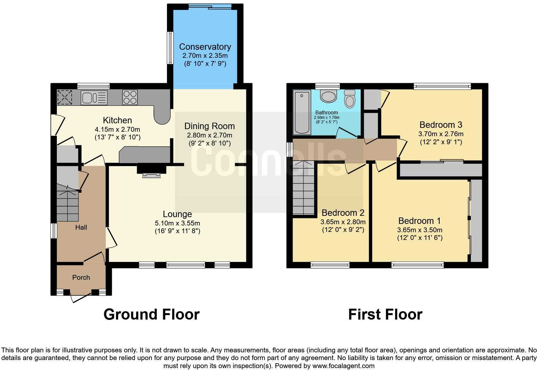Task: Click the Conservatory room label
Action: [205, 47]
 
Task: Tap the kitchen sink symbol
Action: [94, 98]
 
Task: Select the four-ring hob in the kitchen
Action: [130, 97]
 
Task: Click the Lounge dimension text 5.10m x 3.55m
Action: [177, 223]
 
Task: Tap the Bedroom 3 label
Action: [441, 125]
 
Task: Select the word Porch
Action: [81, 277]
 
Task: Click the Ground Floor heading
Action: [152, 314]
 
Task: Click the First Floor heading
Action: [385, 314]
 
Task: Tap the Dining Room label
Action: [209, 126]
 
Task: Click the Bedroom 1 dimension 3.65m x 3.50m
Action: [419, 230]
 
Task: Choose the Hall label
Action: [81, 227]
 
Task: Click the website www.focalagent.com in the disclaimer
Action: [343, 366]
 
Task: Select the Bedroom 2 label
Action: [343, 213]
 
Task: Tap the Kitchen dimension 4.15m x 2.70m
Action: [117, 130]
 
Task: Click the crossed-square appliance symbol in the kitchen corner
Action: [65, 97]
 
